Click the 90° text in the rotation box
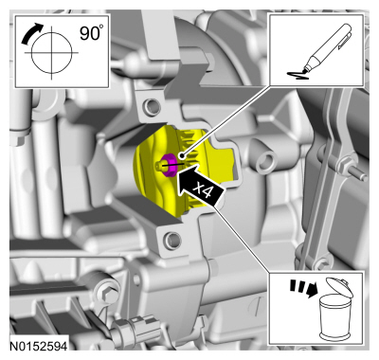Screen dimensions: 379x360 [91, 33]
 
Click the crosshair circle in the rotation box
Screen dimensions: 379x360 [51, 52]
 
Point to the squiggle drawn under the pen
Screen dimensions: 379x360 [298, 75]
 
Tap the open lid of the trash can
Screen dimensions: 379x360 [339, 286]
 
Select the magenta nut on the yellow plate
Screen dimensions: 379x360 [169, 164]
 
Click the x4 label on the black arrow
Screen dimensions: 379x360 [203, 189]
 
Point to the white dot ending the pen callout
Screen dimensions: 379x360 [181, 155]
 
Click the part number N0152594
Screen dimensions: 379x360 [39, 346]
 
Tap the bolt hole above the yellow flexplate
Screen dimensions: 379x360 [151, 107]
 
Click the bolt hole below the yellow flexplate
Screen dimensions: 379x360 [172, 239]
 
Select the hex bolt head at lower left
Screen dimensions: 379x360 [108, 292]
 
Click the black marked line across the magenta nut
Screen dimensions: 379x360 [172, 165]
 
